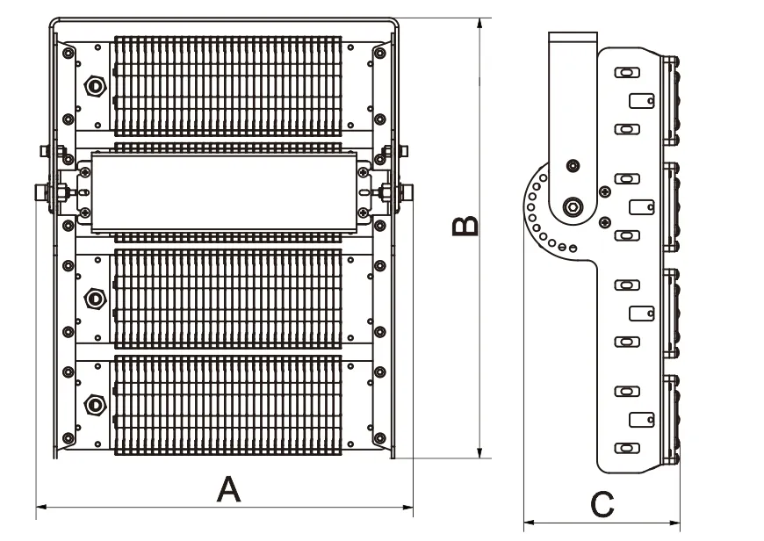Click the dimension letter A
tap(228, 488)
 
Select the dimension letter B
tap(465, 226)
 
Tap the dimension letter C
tap(602, 505)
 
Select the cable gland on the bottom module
tap(93, 404)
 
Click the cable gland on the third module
tap(93, 299)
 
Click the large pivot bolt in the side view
tap(573, 207)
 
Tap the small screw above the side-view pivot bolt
tap(573, 165)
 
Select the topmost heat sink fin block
tap(227, 85)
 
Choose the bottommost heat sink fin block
tap(227, 403)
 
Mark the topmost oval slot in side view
tap(625, 73)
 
